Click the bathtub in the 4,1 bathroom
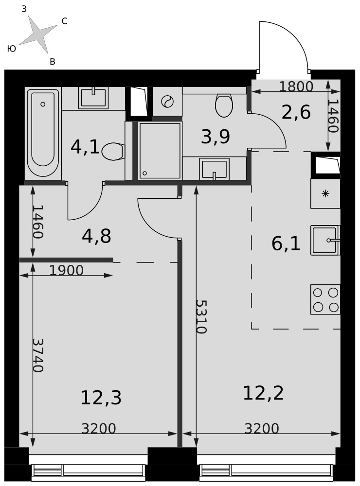coord(43,133)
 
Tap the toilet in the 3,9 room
coord(224,105)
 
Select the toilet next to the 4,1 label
coord(113,152)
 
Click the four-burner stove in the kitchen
coord(325,299)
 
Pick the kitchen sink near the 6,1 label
coord(325,240)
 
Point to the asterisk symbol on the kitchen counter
coord(325,194)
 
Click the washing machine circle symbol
coord(167,102)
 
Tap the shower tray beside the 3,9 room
coord(160,150)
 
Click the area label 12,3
coord(101,398)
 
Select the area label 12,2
coord(263,393)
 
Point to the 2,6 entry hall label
coord(296,112)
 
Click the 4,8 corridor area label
coord(96,236)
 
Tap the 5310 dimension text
coord(201,316)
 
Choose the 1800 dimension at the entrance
coord(296,87)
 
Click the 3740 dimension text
coord(37,355)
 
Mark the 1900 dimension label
coord(67,271)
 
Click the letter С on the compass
coord(65,21)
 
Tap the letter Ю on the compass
coord(12,49)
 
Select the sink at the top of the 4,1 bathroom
coord(93,98)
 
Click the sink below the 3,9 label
coord(214,169)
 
